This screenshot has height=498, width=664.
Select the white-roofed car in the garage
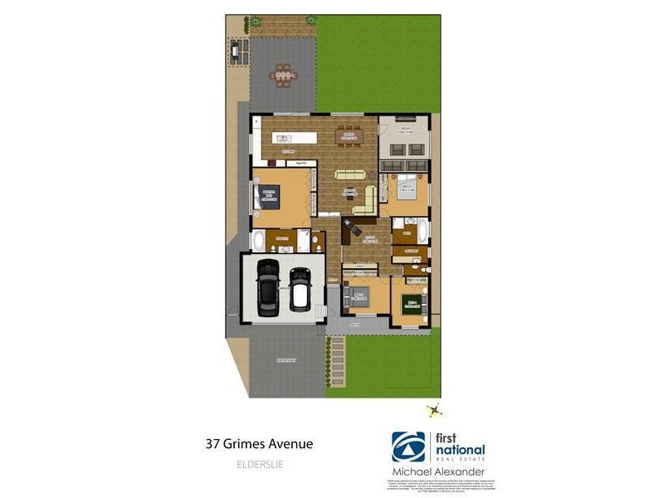299,290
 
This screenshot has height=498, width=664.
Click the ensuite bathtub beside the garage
257,242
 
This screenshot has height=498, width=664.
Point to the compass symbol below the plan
432,410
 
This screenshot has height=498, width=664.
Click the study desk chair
349,224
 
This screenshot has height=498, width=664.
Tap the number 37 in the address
212,444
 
